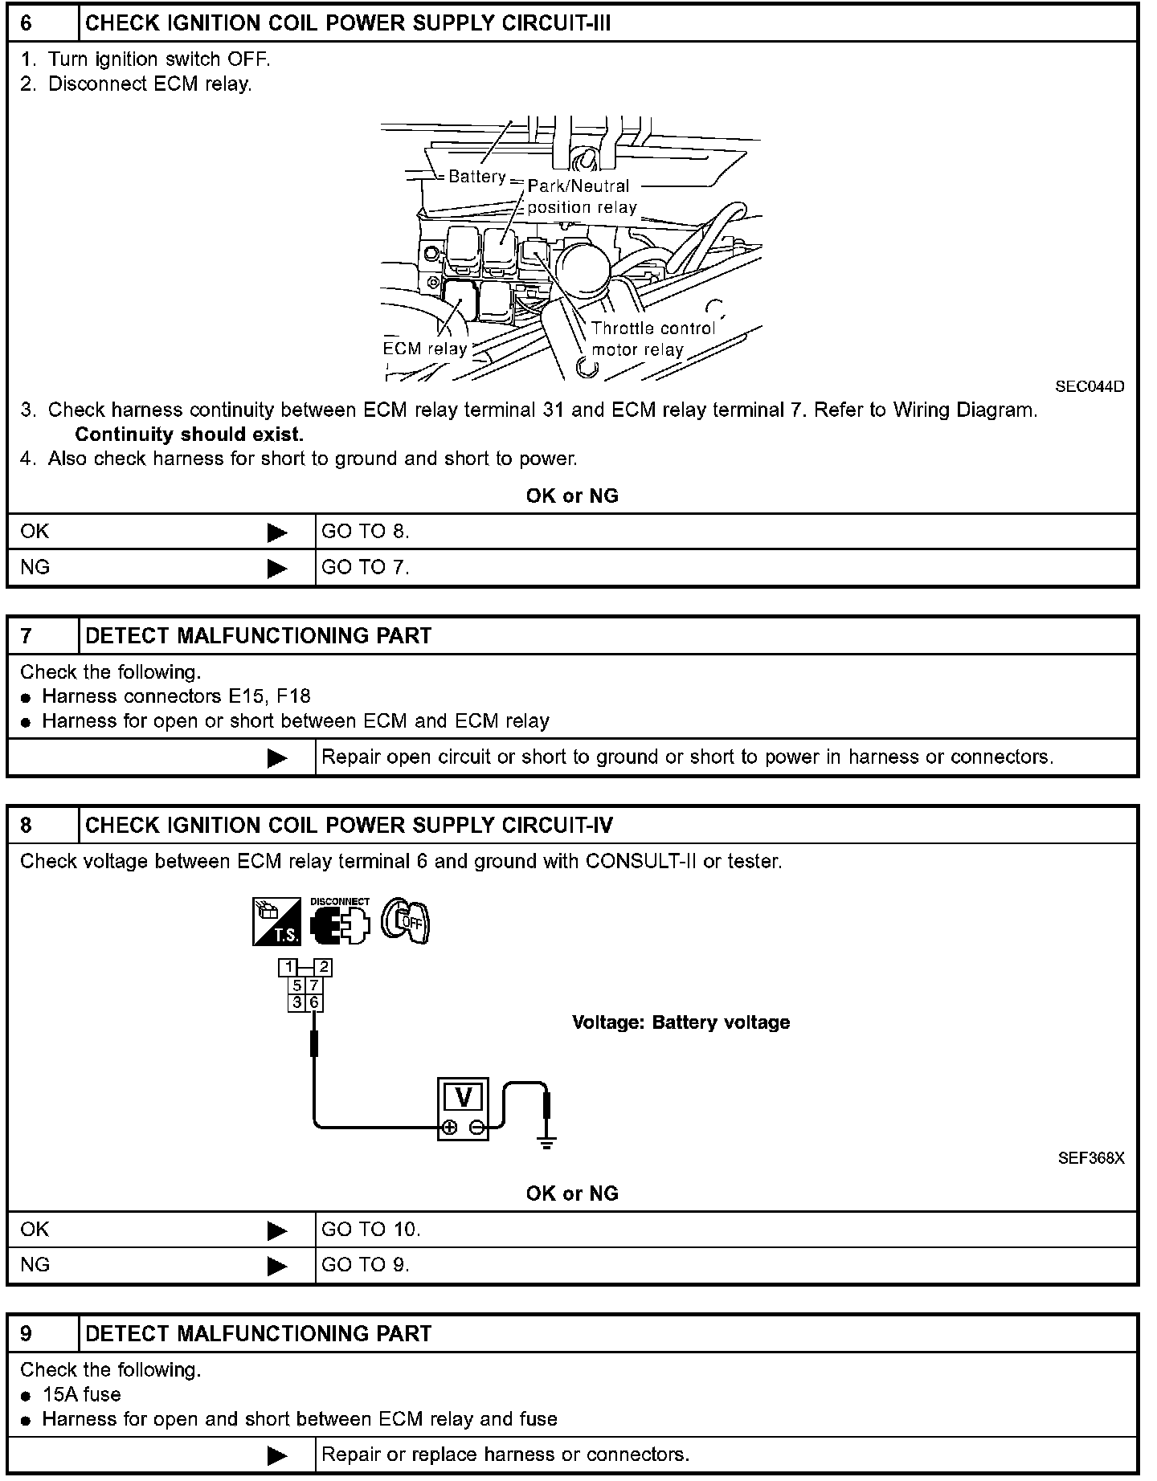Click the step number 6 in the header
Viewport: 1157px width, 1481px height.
[27, 23]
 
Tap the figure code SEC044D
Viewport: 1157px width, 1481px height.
[1090, 386]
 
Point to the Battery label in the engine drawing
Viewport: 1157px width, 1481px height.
[476, 177]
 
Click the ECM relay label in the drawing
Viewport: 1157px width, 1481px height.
[425, 349]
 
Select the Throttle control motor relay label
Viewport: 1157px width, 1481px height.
[652, 339]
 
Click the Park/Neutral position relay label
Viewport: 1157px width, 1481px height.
[582, 197]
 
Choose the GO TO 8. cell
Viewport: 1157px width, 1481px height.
[366, 532]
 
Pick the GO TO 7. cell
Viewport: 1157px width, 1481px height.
[366, 568]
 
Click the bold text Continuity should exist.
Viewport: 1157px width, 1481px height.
[189, 435]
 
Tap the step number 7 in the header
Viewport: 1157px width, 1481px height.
[27, 636]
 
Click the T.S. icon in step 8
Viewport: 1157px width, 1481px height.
[276, 920]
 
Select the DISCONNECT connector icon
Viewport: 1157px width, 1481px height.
[340, 921]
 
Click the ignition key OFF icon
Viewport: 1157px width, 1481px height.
[406, 920]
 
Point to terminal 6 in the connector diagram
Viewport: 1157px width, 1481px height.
[314, 1002]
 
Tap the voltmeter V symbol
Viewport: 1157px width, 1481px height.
[463, 1097]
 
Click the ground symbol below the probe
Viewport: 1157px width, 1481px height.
[546, 1142]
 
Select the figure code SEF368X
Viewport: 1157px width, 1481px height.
[1090, 1158]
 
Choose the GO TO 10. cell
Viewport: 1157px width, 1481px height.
[371, 1230]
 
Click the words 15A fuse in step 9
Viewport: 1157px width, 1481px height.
[82, 1395]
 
